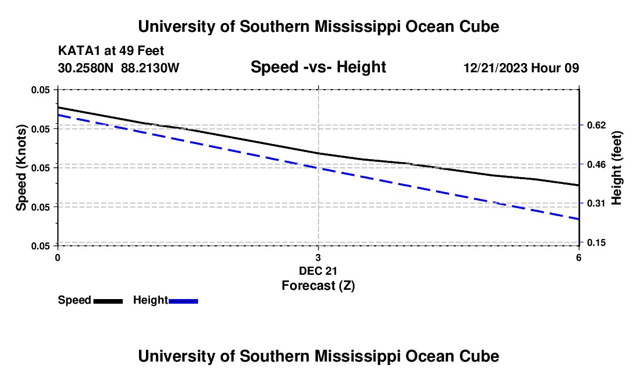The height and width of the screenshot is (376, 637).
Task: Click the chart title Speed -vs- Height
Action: [x=318, y=67]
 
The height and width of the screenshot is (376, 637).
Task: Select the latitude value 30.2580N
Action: [x=85, y=68]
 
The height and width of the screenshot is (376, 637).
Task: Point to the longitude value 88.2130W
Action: [x=150, y=68]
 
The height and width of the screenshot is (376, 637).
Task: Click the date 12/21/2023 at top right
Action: [x=496, y=68]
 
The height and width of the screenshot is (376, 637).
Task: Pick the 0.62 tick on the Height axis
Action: [x=596, y=125]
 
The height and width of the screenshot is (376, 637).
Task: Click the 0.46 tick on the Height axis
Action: [x=596, y=164]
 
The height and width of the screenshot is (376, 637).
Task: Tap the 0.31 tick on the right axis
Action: [x=596, y=203]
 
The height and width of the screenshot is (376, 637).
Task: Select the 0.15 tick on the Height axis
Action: [x=596, y=242]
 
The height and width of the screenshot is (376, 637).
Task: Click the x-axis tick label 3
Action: [x=318, y=257]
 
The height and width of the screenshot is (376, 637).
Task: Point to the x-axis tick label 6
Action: [x=579, y=257]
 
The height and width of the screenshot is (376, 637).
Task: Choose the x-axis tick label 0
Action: [x=58, y=257]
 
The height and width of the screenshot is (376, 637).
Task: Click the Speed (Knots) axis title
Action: [x=21, y=168]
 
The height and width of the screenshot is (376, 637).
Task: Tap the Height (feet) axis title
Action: [x=616, y=168]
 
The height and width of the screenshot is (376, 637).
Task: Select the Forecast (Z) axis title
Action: [x=318, y=286]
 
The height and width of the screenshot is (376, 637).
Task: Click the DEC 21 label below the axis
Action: [x=318, y=271]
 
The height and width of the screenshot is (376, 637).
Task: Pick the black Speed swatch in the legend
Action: [x=108, y=301]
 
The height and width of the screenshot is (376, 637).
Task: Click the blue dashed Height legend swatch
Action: [x=183, y=301]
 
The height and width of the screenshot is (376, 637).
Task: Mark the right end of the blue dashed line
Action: [x=579, y=219]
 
